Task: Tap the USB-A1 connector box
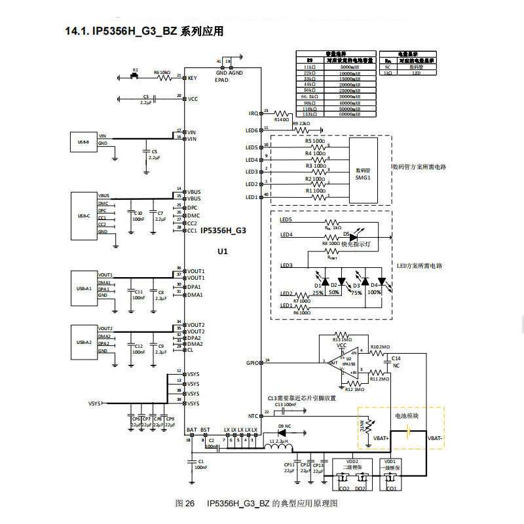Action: click(83, 288)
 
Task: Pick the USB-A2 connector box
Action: click(83, 341)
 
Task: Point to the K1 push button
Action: click(136, 75)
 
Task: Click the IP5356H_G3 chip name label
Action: click(223, 231)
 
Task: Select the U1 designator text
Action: click(223, 252)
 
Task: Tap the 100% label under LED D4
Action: click(374, 293)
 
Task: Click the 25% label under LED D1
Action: click(318, 293)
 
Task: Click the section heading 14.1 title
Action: click(143, 31)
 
